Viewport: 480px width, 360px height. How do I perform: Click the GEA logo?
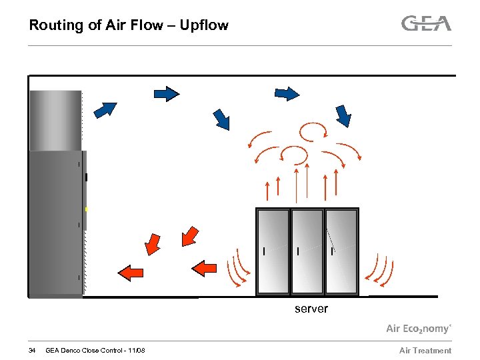coord(426,23)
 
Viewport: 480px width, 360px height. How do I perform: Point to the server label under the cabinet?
coord(311,309)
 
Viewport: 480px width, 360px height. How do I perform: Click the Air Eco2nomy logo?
coord(419,328)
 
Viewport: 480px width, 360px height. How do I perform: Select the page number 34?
coord(32,351)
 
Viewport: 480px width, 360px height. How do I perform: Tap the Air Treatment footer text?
coord(425,351)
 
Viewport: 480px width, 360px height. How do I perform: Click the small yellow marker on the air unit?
coord(86,209)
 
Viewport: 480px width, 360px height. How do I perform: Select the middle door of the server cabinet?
coord(307,251)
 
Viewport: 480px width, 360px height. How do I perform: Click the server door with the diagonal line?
coord(341,251)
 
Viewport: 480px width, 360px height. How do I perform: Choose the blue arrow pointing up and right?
coord(105,109)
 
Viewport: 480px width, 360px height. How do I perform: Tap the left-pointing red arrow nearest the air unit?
coord(131,271)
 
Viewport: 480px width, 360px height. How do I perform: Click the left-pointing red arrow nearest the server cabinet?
coord(205,267)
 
